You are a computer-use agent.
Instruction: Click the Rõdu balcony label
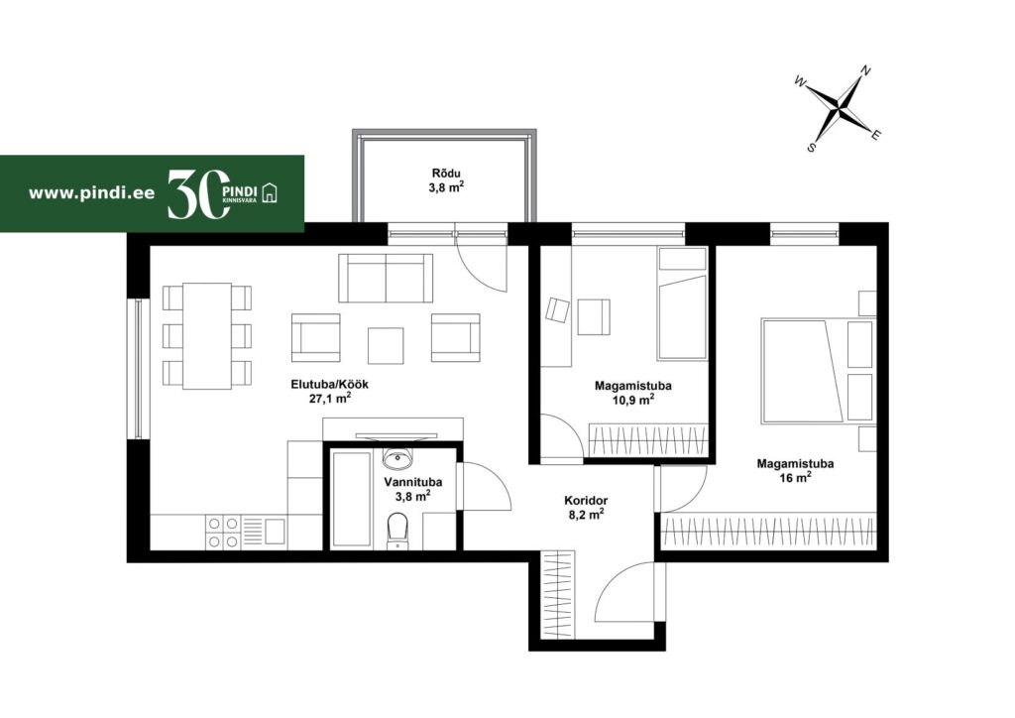coord(447,174)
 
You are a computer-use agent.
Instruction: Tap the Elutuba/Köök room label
coord(329,384)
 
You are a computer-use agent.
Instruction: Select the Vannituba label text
coord(413,482)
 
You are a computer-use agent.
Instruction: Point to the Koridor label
coord(586,501)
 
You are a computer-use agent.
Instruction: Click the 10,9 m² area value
coord(632,400)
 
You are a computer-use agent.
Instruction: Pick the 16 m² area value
coord(796,478)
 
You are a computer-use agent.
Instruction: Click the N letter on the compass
coord(865,71)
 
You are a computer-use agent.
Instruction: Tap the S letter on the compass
coord(811,148)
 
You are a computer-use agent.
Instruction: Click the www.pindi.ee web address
coord(91,193)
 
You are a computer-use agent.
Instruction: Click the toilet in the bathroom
coord(396,531)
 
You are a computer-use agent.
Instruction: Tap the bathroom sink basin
coord(396,458)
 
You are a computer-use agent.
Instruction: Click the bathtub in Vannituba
coord(350,499)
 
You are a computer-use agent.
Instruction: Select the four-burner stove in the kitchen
coord(223,533)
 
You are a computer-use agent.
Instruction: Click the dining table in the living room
coord(207,335)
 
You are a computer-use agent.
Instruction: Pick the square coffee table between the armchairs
coord(386,346)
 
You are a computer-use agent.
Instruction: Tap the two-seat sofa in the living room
coord(386,278)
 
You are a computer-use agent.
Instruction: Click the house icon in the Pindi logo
coord(269,193)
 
